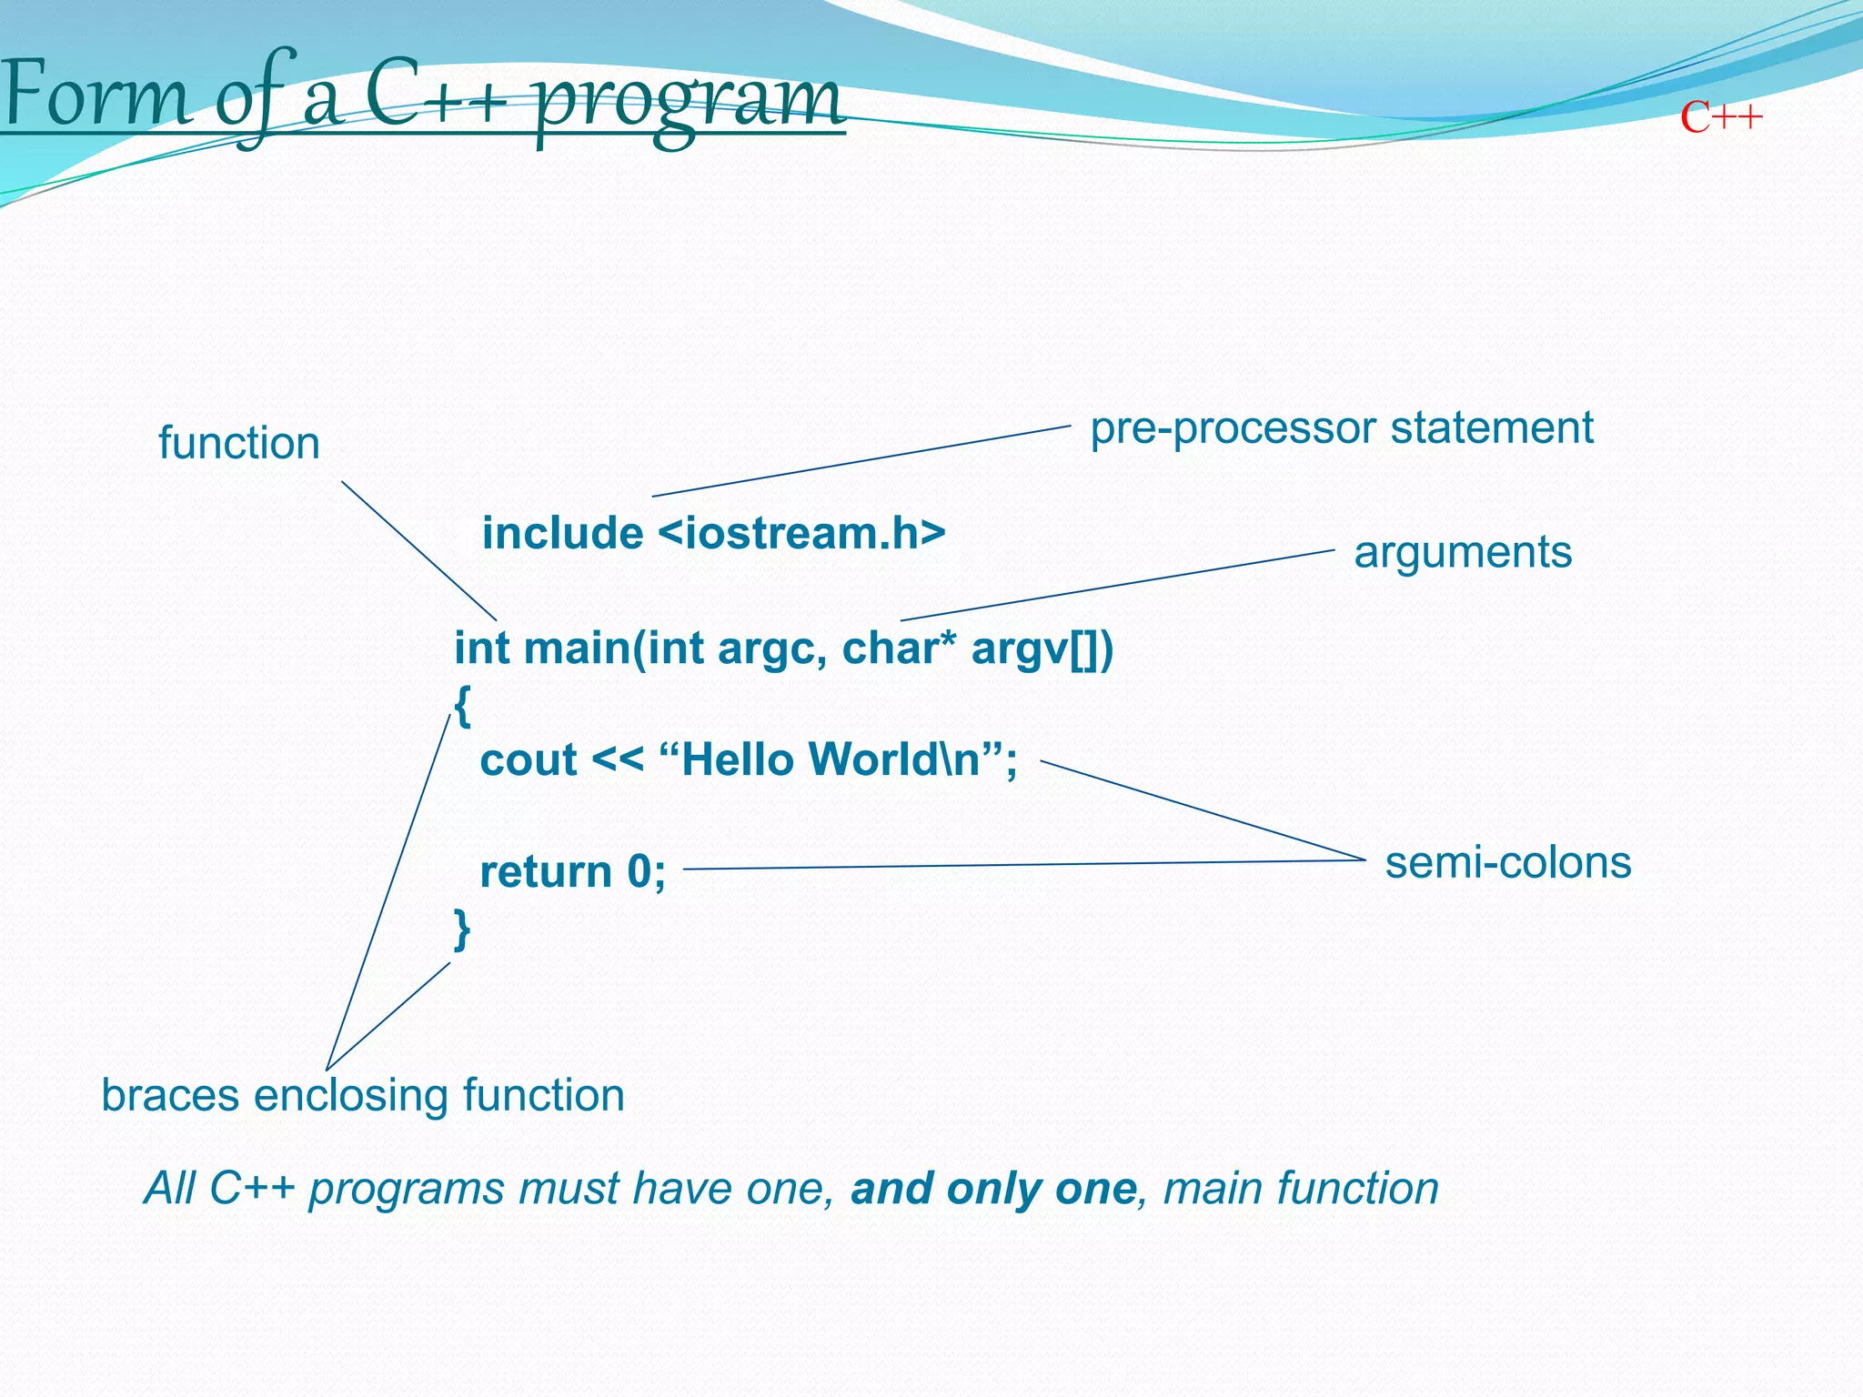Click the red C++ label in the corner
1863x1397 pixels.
1721,118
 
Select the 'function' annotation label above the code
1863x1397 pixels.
238,444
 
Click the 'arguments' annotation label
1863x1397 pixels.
1462,552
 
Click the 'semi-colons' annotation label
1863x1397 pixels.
1507,862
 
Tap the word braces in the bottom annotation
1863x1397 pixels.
171,1095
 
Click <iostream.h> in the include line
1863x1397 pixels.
801,533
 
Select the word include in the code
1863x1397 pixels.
562,533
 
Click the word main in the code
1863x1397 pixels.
576,648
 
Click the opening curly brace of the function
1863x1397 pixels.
462,705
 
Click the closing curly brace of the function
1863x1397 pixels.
462,929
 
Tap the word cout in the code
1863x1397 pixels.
528,760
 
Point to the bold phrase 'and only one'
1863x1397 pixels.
993,1189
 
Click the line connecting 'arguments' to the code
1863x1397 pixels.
1117,585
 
